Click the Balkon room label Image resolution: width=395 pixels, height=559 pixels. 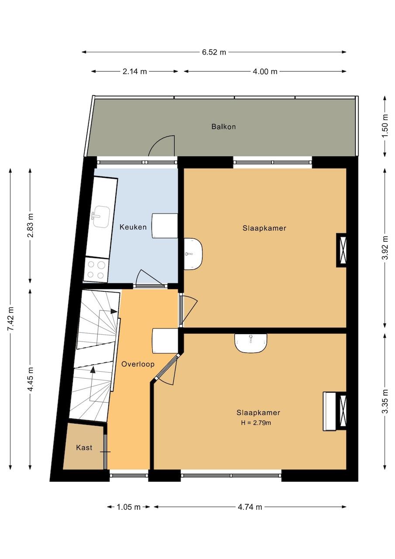coord(223,127)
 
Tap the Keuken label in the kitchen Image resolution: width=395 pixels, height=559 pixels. coord(133,227)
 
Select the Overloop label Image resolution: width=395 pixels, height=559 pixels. coord(138,364)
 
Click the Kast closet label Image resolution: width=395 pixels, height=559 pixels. coord(84,448)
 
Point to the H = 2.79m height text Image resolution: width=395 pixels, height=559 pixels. coord(256,423)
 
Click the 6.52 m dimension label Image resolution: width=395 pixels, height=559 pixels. coord(214,52)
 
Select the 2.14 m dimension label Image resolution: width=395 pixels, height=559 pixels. coord(135,72)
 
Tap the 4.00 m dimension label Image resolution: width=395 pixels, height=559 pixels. coord(265,72)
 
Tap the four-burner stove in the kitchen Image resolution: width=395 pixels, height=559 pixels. coord(96,270)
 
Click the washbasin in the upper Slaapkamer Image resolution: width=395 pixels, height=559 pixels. coord(193,254)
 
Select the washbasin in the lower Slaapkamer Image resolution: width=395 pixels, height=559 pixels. coord(251,343)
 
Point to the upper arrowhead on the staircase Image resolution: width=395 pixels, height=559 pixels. coord(114,311)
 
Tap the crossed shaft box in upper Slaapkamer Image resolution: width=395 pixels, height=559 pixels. coord(341,250)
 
